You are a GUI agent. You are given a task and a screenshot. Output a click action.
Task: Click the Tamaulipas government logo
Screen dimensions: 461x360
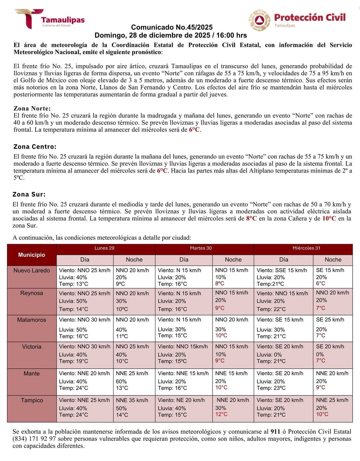click(49, 19)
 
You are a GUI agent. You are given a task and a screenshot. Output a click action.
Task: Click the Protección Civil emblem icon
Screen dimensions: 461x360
click(260, 20)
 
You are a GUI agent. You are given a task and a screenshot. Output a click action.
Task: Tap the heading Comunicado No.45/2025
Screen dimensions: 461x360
click(172, 27)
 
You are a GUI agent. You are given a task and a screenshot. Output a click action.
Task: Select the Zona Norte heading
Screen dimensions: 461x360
click(32, 109)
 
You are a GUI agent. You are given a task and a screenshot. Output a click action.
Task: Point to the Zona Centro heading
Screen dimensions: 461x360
click(35, 147)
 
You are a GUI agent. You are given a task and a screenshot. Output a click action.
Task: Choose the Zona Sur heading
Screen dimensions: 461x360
click(29, 194)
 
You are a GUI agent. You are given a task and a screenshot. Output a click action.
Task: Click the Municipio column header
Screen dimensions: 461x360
click(32, 255)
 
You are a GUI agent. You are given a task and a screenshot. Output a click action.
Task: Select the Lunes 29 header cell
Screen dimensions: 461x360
click(104, 248)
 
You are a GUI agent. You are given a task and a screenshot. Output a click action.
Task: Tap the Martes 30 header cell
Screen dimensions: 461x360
click(201, 248)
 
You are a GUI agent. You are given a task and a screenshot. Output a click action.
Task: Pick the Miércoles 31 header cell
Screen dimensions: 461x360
click(306, 248)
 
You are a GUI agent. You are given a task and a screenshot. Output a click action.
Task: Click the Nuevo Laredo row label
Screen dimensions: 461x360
click(32, 271)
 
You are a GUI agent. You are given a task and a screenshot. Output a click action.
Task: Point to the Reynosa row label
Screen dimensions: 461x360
click(32, 293)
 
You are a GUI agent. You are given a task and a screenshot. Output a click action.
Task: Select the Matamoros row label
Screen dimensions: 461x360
click(32, 320)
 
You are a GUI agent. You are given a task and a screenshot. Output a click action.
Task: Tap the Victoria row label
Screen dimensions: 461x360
click(32, 347)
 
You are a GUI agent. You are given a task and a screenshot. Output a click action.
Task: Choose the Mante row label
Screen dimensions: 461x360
click(32, 374)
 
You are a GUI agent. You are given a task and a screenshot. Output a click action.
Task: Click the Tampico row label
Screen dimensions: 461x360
click(32, 400)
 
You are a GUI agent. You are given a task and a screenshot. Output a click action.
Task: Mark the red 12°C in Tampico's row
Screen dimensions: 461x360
click(221, 414)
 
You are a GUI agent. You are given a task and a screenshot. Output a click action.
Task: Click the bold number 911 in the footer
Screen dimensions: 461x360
click(275, 431)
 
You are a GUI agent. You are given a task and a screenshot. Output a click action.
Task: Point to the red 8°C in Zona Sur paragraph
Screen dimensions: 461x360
click(251, 219)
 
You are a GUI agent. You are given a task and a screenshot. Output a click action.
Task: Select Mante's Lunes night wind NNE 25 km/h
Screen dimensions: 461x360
click(132, 374)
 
